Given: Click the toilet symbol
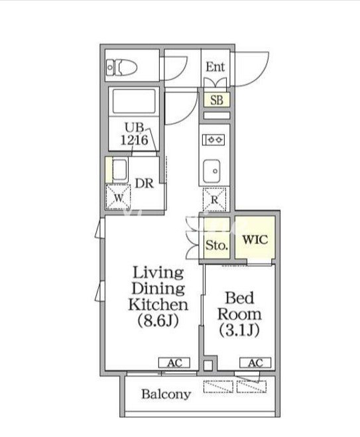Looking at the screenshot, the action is click(x=122, y=67).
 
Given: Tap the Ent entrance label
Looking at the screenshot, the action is click(x=215, y=67).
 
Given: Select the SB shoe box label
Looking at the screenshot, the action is click(x=217, y=100).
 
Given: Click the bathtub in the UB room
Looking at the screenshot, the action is click(x=134, y=101).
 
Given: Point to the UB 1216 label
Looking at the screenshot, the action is click(x=135, y=134).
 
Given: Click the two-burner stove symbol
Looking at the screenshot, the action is click(x=213, y=139).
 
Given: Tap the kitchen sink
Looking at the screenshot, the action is click(x=211, y=171).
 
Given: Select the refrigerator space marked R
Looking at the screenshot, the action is click(x=214, y=200).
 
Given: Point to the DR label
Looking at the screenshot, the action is click(x=145, y=184).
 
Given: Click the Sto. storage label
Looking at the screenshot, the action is click(x=217, y=245).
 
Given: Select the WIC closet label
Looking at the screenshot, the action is click(x=255, y=239).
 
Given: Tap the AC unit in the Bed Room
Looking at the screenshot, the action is click(x=255, y=363).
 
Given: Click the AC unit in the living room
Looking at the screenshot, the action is click(x=174, y=363).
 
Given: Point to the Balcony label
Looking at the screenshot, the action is click(x=166, y=395).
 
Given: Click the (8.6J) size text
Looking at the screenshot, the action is click(x=158, y=321).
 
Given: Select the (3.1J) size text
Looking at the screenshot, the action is click(x=239, y=330).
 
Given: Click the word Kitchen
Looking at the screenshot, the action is click(x=158, y=304).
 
